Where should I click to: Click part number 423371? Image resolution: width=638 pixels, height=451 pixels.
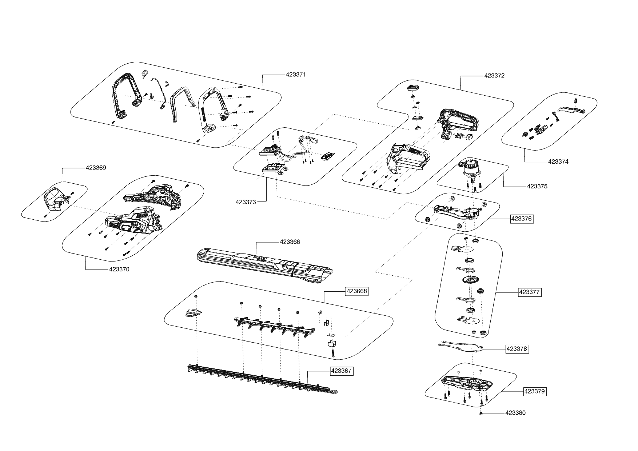(x=296, y=75)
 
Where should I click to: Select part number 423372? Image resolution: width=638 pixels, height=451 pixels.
(x=494, y=76)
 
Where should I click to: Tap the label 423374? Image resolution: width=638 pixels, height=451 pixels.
(x=558, y=161)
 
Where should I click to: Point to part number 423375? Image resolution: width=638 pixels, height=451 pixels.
(x=537, y=187)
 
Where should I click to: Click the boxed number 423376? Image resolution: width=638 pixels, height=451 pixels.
(x=522, y=219)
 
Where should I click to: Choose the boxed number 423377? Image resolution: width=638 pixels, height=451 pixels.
(x=530, y=292)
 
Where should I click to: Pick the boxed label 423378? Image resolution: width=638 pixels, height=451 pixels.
(x=517, y=349)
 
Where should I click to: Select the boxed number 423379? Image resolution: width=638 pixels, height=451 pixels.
(x=535, y=392)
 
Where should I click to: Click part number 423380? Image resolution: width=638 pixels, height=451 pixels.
(x=515, y=413)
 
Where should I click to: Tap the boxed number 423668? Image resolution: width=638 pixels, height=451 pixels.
(x=357, y=291)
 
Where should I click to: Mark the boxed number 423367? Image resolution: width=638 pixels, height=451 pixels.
(x=341, y=371)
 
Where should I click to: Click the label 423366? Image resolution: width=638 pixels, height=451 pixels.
(x=290, y=242)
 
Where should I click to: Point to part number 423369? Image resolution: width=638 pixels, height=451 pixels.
(x=96, y=168)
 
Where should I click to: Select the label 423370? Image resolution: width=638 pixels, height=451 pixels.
(x=119, y=270)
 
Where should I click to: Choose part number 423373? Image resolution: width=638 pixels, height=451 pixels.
(x=246, y=202)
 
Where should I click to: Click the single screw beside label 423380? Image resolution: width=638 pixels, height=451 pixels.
(x=481, y=414)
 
